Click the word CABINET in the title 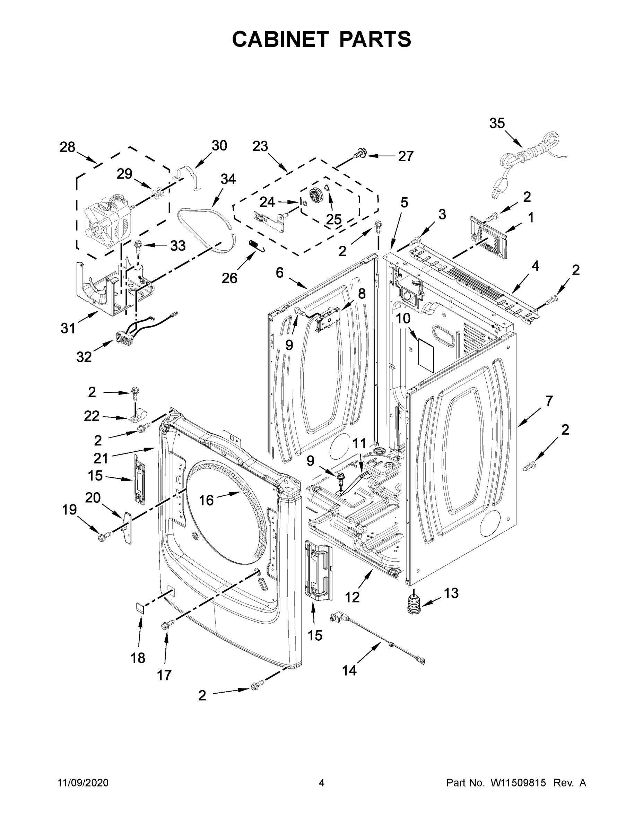click(280, 39)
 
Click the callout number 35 click(497, 123)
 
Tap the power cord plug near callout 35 click(496, 193)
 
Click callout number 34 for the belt click(228, 179)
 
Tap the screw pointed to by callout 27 click(359, 154)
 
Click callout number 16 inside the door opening click(206, 500)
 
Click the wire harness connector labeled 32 click(123, 338)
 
